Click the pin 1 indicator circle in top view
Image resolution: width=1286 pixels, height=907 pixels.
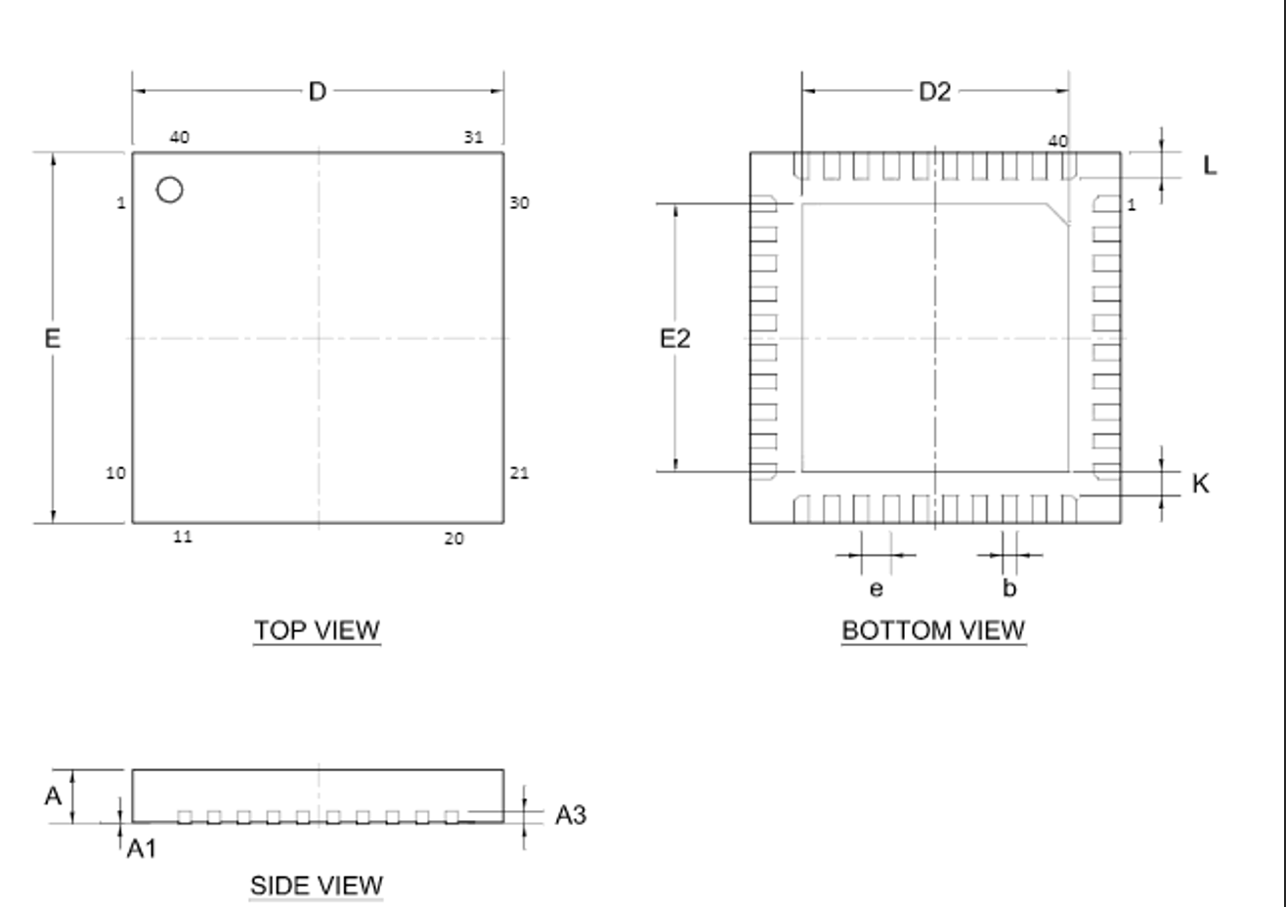click(169, 190)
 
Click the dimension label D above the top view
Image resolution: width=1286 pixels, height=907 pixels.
click(318, 92)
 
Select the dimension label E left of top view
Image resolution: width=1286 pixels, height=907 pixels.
click(52, 338)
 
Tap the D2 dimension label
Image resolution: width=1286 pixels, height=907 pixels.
click(934, 92)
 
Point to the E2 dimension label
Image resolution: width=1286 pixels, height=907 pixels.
click(675, 338)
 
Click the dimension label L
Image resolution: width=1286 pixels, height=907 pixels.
click(1210, 166)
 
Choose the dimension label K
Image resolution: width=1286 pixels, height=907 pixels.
click(1201, 483)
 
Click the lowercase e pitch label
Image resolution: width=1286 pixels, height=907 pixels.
click(876, 588)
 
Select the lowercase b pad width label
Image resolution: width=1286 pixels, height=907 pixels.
click(1009, 588)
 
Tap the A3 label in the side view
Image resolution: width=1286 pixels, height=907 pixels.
click(571, 814)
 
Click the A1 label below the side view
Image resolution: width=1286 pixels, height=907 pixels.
click(143, 848)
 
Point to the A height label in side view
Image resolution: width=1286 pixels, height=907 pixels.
click(53, 796)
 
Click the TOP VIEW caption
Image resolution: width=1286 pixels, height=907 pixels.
click(318, 630)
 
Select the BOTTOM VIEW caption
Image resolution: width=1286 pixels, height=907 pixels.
click(933, 630)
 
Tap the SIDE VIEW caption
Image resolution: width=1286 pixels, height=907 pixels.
click(317, 885)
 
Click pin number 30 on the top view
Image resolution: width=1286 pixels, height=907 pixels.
click(519, 203)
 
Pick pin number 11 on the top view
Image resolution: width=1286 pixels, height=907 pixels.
click(183, 537)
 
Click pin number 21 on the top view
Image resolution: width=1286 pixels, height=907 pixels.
click(519, 473)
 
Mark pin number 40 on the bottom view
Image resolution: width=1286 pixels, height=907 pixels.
click(1057, 141)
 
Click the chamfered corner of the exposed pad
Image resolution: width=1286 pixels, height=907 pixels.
click(1055, 214)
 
